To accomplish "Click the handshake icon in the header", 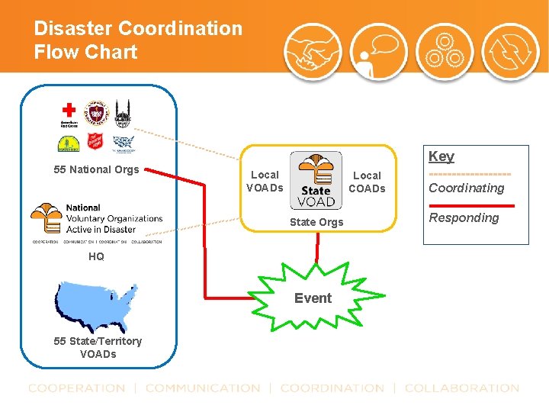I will [x=312, y=53].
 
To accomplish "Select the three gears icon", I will [x=444, y=53].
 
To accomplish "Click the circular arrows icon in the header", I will [x=511, y=53].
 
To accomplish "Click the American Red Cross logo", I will [x=69, y=114].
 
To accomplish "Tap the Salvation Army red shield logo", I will [x=95, y=143].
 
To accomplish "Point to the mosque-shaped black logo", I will [x=123, y=114].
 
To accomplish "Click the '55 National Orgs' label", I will [x=96, y=169].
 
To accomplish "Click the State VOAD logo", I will [x=316, y=180].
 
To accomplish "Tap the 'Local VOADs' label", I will [x=265, y=182].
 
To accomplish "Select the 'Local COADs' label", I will [x=367, y=182].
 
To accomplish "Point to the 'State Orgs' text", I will [x=316, y=222].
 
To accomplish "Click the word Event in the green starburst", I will [x=313, y=298].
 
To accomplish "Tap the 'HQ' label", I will [x=96, y=256].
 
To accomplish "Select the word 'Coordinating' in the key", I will [x=466, y=188].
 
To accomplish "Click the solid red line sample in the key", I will [x=471, y=205].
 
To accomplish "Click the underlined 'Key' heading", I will [x=441, y=156].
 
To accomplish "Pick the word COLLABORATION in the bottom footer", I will [x=461, y=388].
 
